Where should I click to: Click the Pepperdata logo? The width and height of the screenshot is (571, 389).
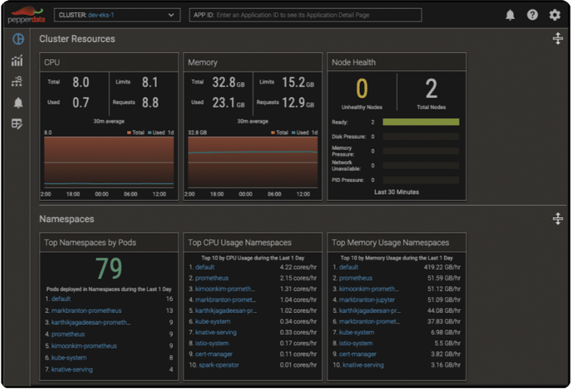pyautogui.click(x=27, y=15)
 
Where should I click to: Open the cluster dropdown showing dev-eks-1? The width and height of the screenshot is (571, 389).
pyautogui.click(x=117, y=15)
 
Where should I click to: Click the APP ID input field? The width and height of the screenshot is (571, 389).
pyautogui.click(x=305, y=15)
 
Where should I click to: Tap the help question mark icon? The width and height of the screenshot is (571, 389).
pyautogui.click(x=532, y=15)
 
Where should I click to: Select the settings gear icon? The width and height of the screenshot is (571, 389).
pyautogui.click(x=555, y=15)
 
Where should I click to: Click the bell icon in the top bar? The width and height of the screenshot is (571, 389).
pyautogui.click(x=510, y=15)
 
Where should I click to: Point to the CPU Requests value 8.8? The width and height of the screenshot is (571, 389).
pyautogui.click(x=150, y=102)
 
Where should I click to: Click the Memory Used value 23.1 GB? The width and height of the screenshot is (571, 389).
pyautogui.click(x=228, y=102)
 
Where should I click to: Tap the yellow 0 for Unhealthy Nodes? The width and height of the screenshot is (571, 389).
pyautogui.click(x=362, y=88)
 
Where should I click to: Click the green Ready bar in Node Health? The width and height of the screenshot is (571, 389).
pyautogui.click(x=421, y=122)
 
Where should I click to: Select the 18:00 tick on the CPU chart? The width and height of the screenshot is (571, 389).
pyautogui.click(x=73, y=194)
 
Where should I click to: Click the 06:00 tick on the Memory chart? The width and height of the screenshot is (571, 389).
pyautogui.click(x=274, y=194)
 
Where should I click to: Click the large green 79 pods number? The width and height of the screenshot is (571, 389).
pyautogui.click(x=108, y=268)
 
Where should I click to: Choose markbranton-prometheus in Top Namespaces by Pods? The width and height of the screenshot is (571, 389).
pyautogui.click(x=87, y=311)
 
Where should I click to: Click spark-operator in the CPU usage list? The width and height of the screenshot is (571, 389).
pyautogui.click(x=219, y=365)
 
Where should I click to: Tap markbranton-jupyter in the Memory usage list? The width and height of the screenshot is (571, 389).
pyautogui.click(x=367, y=300)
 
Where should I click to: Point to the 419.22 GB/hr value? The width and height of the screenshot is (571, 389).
pyautogui.click(x=442, y=267)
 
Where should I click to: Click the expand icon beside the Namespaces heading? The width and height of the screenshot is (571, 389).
pyautogui.click(x=558, y=219)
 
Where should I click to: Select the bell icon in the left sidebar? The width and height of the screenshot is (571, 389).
pyautogui.click(x=18, y=103)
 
